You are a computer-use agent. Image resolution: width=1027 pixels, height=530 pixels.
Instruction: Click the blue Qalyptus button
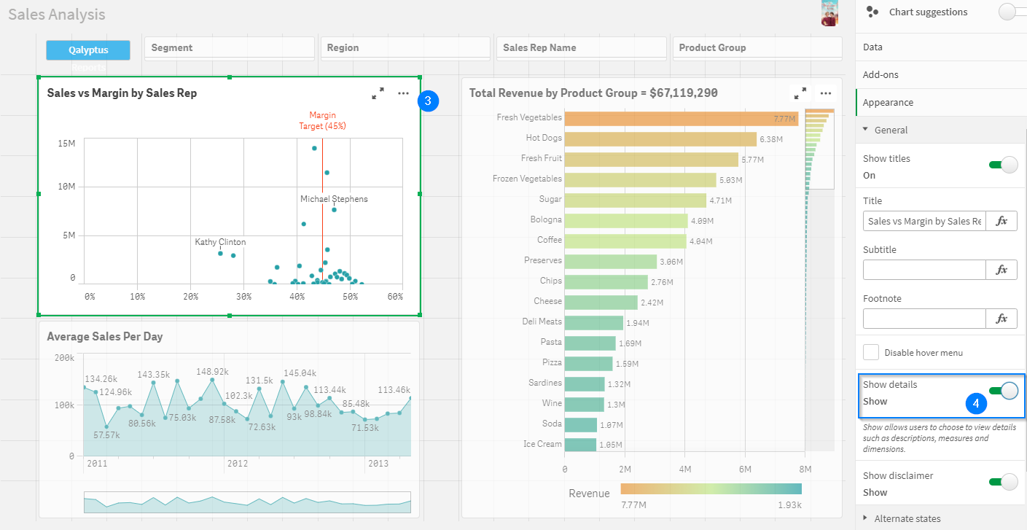pyautogui.click(x=88, y=50)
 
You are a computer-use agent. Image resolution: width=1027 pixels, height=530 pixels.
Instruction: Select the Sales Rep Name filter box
pyautogui.click(x=581, y=47)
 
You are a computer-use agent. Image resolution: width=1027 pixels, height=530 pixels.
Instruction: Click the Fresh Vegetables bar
pyautogui.click(x=682, y=118)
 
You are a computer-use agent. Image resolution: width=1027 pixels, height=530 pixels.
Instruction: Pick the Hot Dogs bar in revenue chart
pyautogui.click(x=660, y=139)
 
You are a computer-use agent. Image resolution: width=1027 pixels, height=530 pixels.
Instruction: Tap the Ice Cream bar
pyautogui.click(x=580, y=444)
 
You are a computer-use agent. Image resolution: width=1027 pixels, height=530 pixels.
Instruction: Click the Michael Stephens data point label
pyautogui.click(x=334, y=199)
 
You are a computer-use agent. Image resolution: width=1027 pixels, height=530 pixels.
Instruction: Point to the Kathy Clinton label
pyautogui.click(x=220, y=242)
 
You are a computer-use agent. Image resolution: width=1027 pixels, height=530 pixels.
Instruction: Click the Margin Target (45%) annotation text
pyautogui.click(x=322, y=120)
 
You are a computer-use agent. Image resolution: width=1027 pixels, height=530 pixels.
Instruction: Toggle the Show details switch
pyautogui.click(x=1003, y=391)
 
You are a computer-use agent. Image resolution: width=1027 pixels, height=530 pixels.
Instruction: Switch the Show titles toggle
pyautogui.click(x=1003, y=165)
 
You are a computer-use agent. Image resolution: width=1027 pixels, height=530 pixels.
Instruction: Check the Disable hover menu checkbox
pyautogui.click(x=871, y=353)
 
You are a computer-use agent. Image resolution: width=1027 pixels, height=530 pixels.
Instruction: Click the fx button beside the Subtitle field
pyautogui.click(x=1001, y=270)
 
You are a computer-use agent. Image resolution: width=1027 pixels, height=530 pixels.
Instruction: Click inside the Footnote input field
pyautogui.click(x=924, y=319)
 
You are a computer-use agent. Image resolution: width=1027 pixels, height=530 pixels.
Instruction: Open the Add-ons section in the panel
pyautogui.click(x=880, y=75)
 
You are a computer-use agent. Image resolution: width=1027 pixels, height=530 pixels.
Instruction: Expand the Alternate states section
pyautogui.click(x=907, y=518)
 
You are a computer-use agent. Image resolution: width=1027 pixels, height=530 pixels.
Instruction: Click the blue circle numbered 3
pyautogui.click(x=429, y=101)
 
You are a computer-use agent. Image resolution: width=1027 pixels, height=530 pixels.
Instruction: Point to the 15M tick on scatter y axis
pyautogui.click(x=66, y=144)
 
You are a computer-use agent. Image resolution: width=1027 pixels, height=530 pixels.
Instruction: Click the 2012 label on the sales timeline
pyautogui.click(x=238, y=464)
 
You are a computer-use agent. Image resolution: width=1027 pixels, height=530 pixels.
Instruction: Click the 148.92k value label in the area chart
pyautogui.click(x=212, y=371)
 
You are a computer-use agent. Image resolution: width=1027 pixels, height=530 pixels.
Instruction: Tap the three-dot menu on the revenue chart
pyautogui.click(x=826, y=93)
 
